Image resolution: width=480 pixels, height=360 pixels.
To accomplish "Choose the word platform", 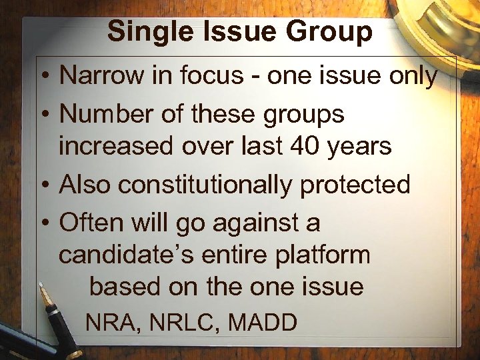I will coord(326,255).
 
